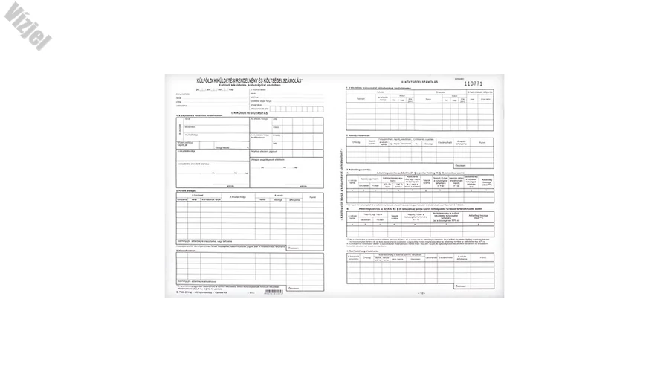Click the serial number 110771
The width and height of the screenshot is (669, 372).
coord(473,83)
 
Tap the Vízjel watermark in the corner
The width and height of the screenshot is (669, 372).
coord(28,26)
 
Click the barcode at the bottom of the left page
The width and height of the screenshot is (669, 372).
coord(274,292)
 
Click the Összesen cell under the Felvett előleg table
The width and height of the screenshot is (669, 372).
coord(293,248)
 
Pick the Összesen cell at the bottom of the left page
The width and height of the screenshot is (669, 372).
coord(293,282)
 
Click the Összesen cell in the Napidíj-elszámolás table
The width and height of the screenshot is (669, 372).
coord(461,164)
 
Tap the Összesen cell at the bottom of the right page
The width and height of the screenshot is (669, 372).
coord(461,283)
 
